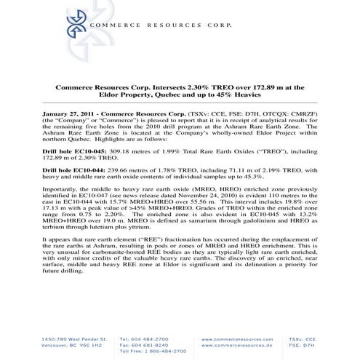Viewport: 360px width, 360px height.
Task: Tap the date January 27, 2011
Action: tap(60, 115)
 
